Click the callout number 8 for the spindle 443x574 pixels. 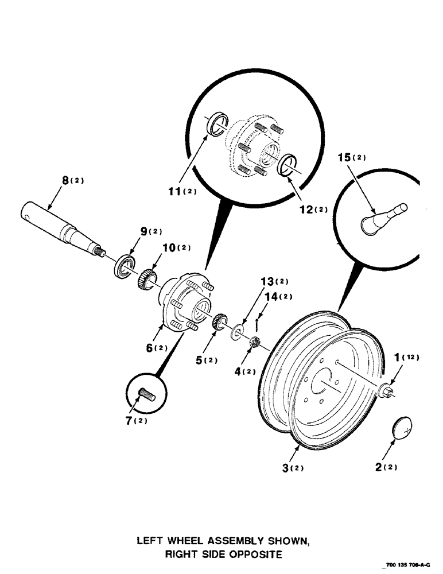pyautogui.click(x=67, y=180)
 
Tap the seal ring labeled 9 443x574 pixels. pyautogui.click(x=125, y=268)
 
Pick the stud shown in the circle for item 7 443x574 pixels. pyautogui.click(x=147, y=395)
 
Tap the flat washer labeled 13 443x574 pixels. pyautogui.click(x=237, y=333)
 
